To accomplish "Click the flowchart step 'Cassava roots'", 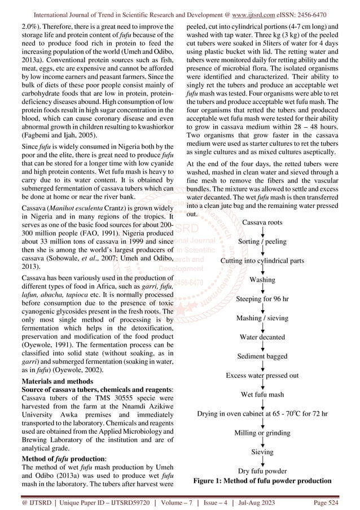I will pyautogui.click(x=262, y=223).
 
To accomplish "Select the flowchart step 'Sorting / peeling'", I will pyautogui.click(x=262, y=242).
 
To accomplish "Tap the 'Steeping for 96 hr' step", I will pyautogui.click(x=262, y=298).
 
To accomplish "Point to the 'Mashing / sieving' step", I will pyautogui.click(x=262, y=318).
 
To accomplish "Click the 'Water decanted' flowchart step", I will pyautogui.click(x=262, y=337).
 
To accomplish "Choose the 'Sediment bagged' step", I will pyautogui.click(x=262, y=356).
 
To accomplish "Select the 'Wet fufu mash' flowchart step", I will pyautogui.click(x=262, y=394).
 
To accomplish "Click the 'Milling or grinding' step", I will pyautogui.click(x=262, y=433).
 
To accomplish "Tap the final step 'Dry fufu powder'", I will pyautogui.click(x=262, y=470).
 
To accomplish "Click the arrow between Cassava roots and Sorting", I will pyautogui.click(x=262, y=232).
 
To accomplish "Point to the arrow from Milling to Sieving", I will pyautogui.click(x=262, y=442).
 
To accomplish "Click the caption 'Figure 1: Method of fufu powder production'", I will pyautogui.click(x=262, y=481).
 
